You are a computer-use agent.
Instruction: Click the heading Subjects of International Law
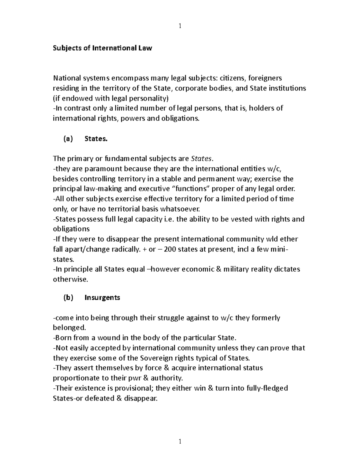[102, 48]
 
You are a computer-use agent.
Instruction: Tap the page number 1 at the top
[180, 26]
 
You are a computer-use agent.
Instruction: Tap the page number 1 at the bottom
[180, 441]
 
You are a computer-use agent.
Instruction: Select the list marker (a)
[68, 139]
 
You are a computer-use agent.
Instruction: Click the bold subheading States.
[96, 139]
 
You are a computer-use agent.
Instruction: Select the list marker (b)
[68, 297]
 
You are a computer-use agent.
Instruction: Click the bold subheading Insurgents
[102, 297]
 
